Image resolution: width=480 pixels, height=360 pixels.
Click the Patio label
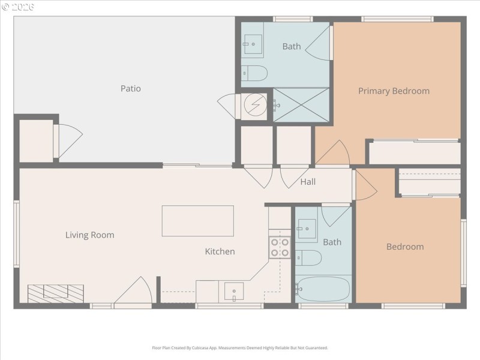[130, 89]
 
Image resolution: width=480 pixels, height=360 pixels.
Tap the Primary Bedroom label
[394, 91]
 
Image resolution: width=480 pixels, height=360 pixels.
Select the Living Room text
[89, 235]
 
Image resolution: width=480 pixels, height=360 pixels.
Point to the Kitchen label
[220, 251]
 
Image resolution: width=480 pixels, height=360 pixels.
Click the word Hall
[308, 182]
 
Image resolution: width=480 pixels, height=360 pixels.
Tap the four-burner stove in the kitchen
[279, 248]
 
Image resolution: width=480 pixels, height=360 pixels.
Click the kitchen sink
[233, 292]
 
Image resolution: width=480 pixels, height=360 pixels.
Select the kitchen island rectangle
[197, 221]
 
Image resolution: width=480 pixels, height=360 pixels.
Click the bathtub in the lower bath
[323, 289]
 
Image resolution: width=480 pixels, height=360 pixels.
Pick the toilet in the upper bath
[255, 73]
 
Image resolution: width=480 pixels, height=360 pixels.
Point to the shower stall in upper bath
[301, 105]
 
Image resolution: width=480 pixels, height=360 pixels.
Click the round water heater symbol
[254, 106]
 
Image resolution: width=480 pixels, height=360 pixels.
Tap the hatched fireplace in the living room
[56, 293]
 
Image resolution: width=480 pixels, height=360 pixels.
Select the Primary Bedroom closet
[414, 152]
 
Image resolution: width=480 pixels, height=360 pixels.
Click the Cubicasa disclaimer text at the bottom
[240, 347]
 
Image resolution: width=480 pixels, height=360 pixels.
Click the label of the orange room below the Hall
[404, 247]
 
